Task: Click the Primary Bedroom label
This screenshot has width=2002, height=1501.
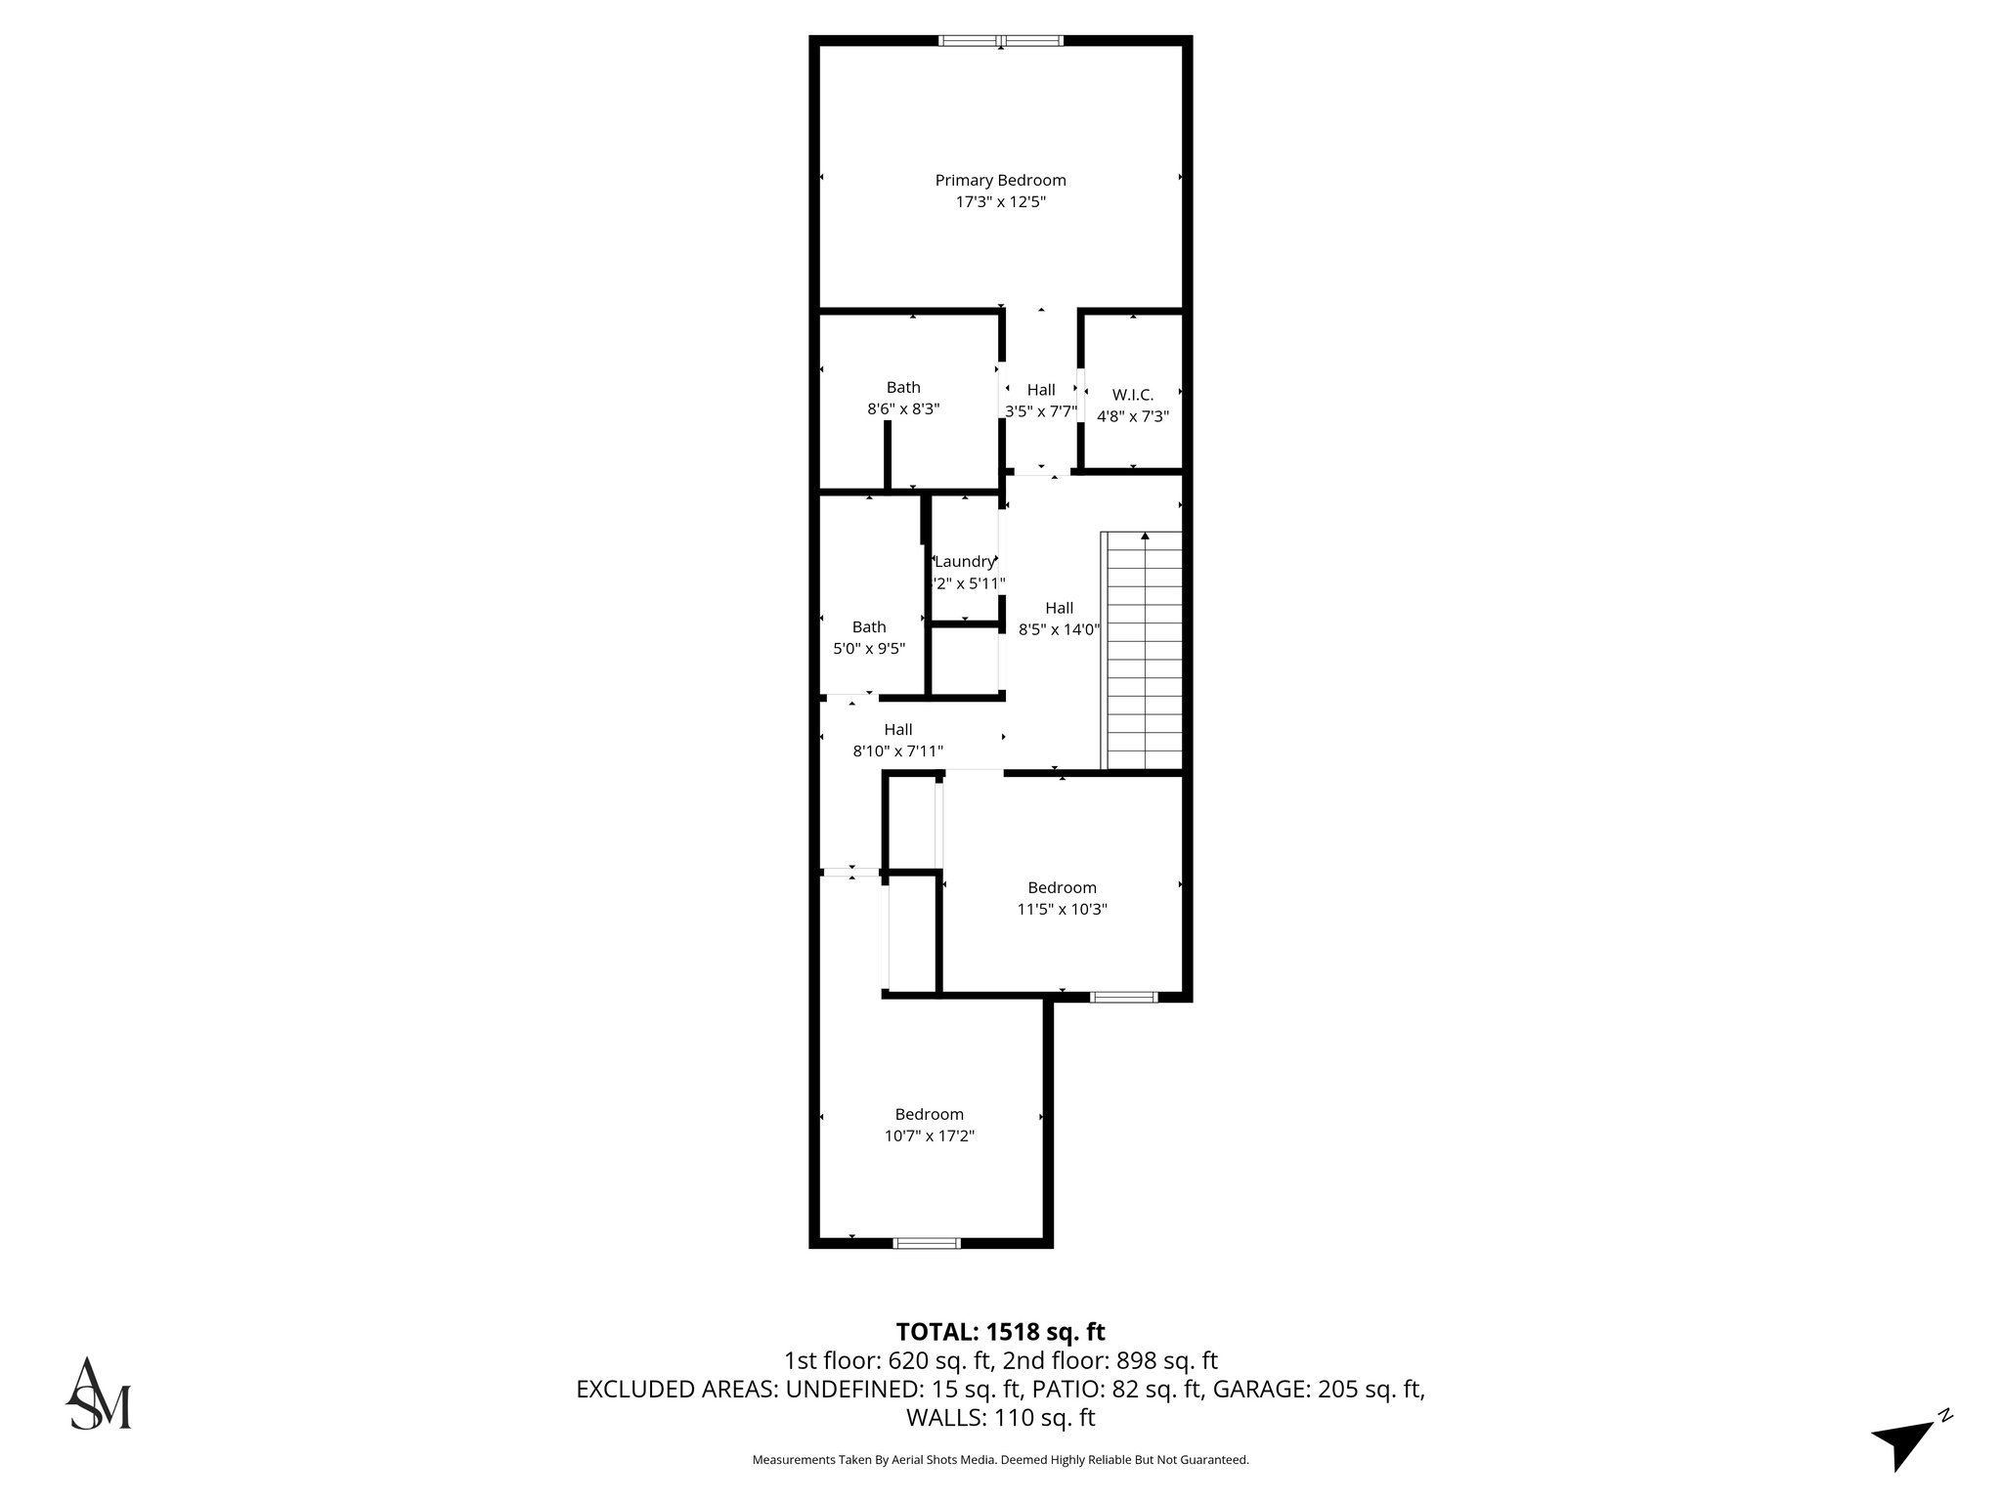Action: tap(1000, 180)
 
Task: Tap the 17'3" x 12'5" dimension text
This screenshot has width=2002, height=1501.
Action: tap(1000, 202)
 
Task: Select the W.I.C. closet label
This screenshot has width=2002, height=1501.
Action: tap(1133, 395)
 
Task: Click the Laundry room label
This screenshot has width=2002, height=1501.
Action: tap(965, 562)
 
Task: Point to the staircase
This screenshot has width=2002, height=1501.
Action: tap(1143, 650)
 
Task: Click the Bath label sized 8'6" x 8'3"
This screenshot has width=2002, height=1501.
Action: tap(903, 387)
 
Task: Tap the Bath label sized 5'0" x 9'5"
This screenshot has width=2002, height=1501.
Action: tap(869, 626)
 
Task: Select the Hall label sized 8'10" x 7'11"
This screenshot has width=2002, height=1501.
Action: tap(898, 729)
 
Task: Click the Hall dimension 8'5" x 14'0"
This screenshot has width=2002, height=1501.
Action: tap(1060, 630)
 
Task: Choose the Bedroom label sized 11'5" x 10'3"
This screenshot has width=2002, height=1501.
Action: tap(1062, 887)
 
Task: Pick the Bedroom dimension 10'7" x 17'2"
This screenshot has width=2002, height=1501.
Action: tap(929, 1136)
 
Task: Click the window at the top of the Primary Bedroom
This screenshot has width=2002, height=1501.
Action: tap(1000, 41)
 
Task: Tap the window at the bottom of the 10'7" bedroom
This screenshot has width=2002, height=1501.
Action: tap(927, 1243)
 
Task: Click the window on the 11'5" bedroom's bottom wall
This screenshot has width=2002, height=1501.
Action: tap(1123, 997)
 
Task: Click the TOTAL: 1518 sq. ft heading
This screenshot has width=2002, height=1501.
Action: tap(1000, 1332)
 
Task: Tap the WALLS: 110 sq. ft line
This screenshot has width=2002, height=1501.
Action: tap(1000, 1417)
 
